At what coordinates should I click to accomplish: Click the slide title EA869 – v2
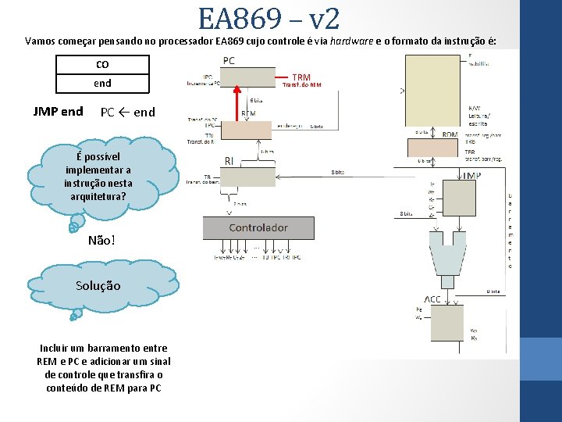point(268,18)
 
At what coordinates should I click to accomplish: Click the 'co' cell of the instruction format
point(102,64)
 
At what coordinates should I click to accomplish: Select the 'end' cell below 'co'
point(102,83)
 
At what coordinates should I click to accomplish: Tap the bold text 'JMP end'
point(58,111)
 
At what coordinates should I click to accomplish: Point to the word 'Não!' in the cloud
point(102,240)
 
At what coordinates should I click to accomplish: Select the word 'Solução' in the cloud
point(98,285)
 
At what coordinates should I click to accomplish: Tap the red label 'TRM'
point(301,77)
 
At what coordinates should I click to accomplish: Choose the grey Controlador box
point(258,227)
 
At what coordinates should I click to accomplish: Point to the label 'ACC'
point(432,299)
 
